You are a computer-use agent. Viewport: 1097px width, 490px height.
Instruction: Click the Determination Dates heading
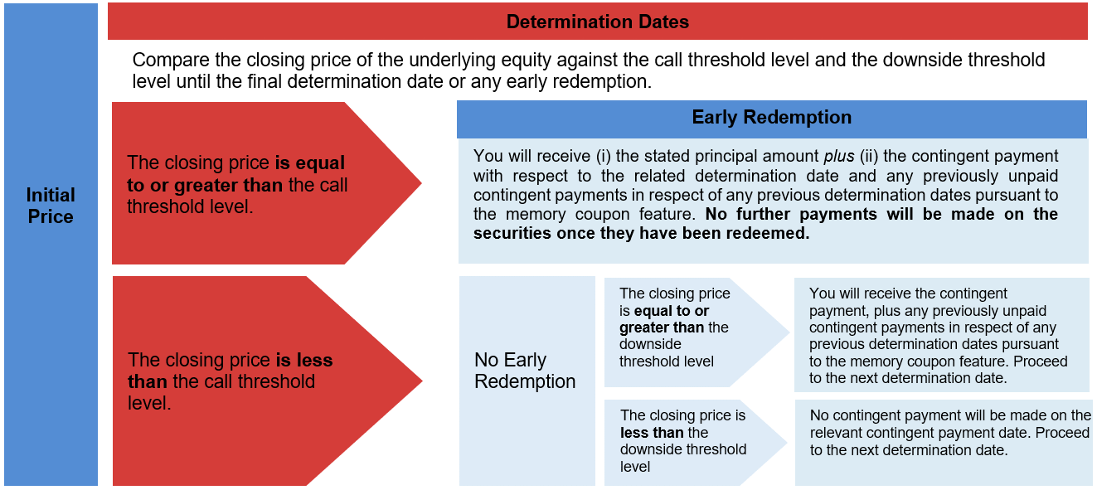(598, 22)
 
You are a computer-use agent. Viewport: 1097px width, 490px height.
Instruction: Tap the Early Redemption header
(771, 118)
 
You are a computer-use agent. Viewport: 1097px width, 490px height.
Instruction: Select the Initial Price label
(51, 206)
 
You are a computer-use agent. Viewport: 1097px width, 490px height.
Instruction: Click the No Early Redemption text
(525, 371)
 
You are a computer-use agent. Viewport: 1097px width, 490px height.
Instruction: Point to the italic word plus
(839, 157)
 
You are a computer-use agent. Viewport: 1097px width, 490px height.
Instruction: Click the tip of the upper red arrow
(421, 183)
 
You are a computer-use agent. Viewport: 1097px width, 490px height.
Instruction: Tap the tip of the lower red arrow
(422, 381)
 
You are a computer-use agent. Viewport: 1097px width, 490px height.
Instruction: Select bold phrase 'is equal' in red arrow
(309, 163)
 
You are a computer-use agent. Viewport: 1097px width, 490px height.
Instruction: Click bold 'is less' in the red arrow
(304, 361)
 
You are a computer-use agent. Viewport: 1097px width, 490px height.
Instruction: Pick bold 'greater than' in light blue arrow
(662, 327)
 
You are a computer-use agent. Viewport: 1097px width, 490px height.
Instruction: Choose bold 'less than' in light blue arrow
(652, 433)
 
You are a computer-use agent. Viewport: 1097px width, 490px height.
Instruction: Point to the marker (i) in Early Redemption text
(603, 157)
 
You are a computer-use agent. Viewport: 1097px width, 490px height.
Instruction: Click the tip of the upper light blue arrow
(789, 332)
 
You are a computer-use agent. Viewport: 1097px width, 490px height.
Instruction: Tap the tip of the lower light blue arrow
(787, 443)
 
